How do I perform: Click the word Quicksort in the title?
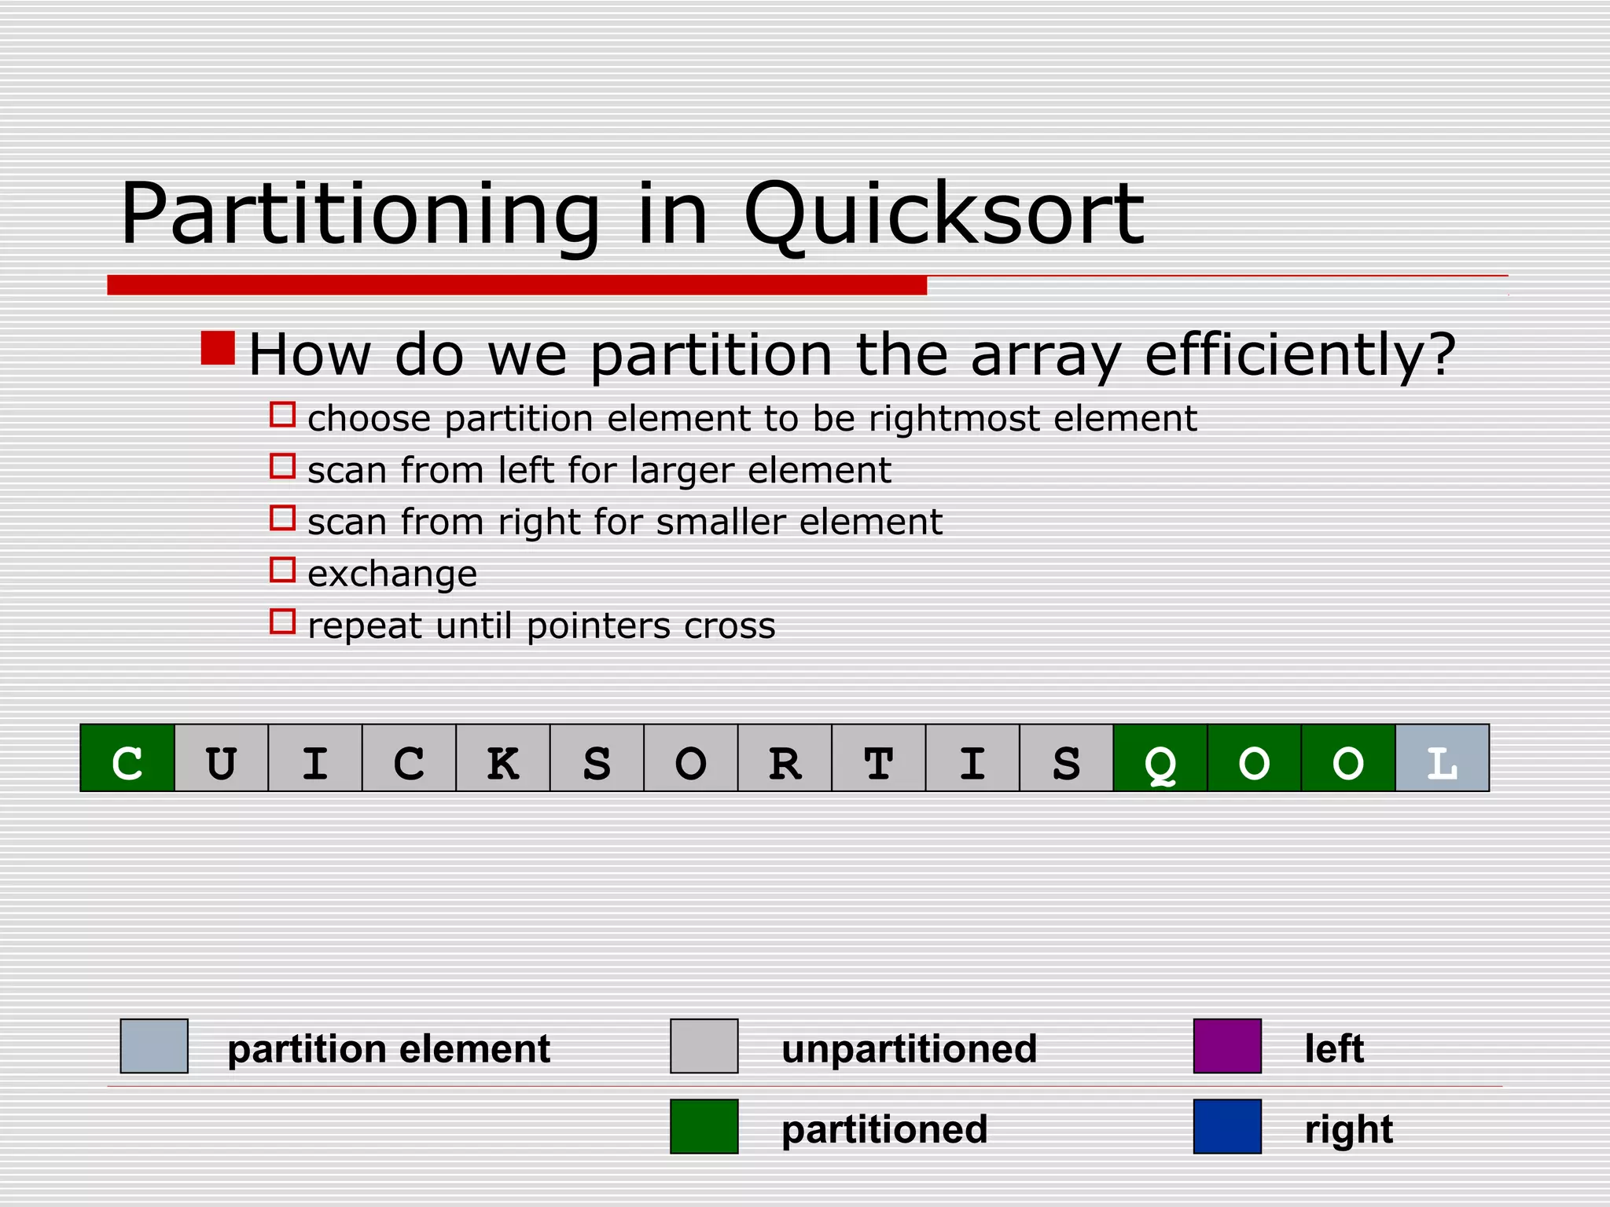coord(943,215)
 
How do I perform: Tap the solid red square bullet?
coord(218,348)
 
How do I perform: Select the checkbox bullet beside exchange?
coord(282,570)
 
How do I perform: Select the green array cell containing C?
coord(127,758)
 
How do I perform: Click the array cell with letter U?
coord(221,758)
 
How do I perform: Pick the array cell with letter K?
coord(503,758)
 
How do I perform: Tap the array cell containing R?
coord(785,758)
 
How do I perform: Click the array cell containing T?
coord(878,758)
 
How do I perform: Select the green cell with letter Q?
coord(1160,758)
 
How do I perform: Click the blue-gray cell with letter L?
coord(1442,758)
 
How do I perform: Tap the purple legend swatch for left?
coord(1227,1046)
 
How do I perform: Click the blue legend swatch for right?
coord(1227,1126)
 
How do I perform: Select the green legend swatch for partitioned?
coord(704,1126)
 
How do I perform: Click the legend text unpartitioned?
coord(909,1049)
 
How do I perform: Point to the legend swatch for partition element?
coord(154,1046)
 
